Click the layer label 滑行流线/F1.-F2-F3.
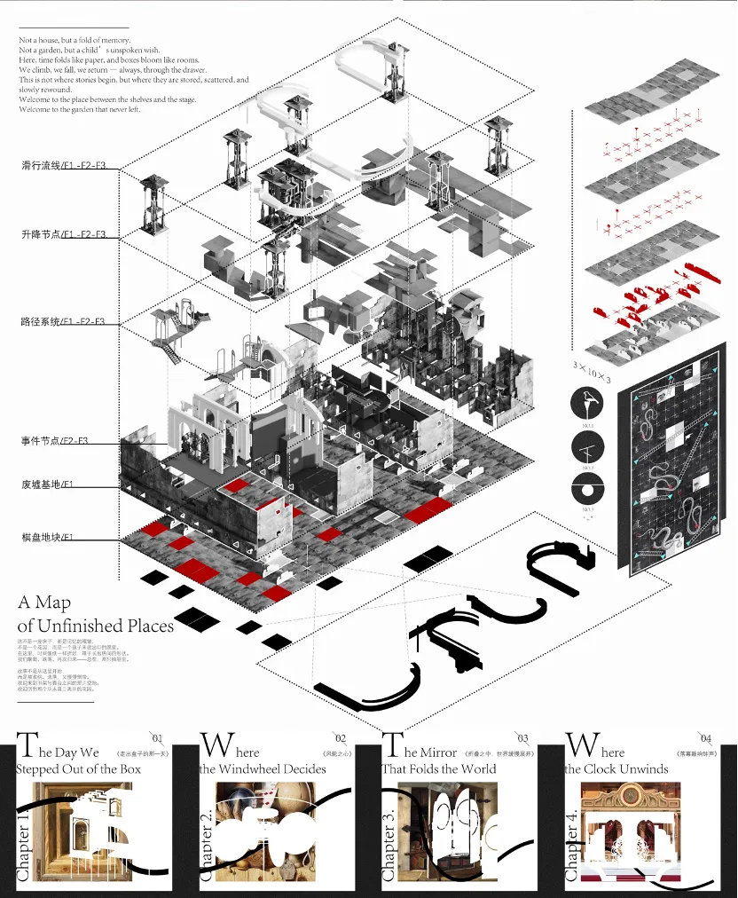[x=64, y=166]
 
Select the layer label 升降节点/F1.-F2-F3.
[x=64, y=235]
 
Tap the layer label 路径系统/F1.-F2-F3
[x=64, y=321]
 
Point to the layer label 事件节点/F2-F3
[x=56, y=441]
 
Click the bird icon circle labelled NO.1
[x=588, y=406]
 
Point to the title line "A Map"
[x=44, y=603]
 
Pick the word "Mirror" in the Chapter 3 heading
[x=438, y=752]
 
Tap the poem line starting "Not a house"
[x=75, y=41]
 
